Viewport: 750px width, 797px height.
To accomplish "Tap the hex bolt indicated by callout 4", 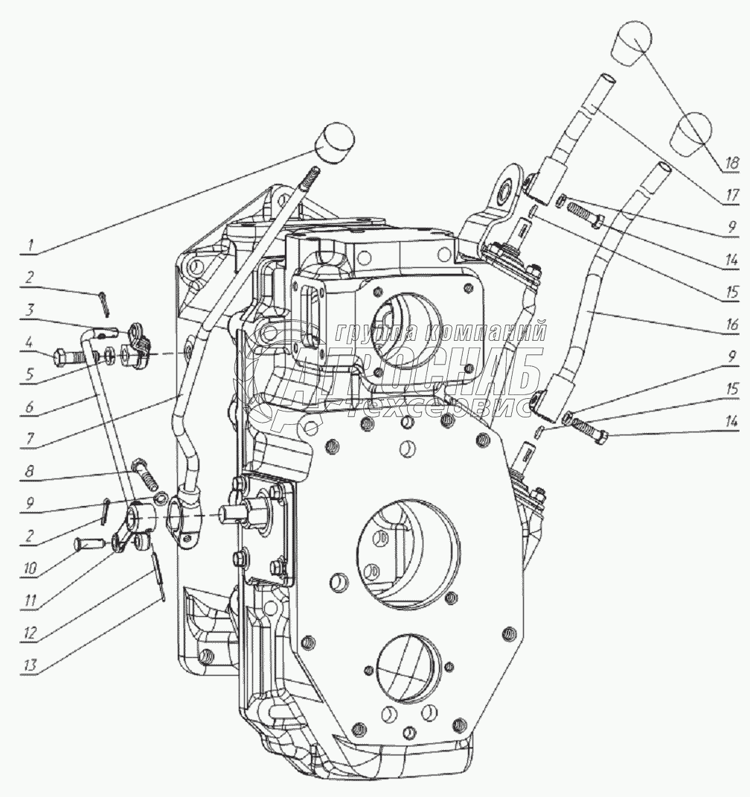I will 67,356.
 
